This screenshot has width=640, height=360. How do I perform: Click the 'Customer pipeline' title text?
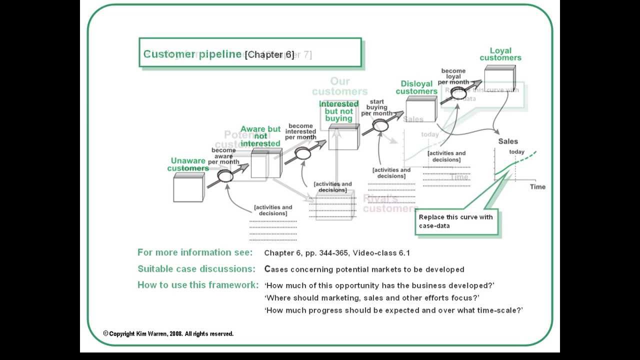(192, 54)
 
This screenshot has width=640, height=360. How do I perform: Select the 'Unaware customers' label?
(188, 164)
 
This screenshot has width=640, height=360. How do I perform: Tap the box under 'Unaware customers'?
(188, 188)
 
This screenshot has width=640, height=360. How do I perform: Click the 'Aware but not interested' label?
(260, 136)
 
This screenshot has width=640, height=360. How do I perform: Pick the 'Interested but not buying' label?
(339, 111)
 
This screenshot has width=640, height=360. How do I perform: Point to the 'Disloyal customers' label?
(416, 87)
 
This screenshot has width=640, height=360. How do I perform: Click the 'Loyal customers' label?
(500, 54)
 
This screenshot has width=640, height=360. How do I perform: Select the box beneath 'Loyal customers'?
(499, 79)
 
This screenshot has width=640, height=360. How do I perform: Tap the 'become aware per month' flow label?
(223, 156)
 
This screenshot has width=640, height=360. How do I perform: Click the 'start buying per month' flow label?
(377, 107)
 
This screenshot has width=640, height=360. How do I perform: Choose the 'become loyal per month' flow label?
(453, 76)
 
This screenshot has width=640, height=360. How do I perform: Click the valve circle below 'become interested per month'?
(303, 154)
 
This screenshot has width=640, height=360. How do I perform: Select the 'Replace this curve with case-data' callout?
(455, 221)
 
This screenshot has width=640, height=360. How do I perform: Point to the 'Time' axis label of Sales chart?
(537, 186)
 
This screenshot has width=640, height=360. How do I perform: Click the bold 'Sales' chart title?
(508, 141)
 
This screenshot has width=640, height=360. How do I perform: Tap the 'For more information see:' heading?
(195, 252)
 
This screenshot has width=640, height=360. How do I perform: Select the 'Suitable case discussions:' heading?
(196, 269)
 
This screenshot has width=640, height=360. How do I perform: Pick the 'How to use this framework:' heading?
(198, 285)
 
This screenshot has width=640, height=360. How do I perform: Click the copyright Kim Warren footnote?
(168, 333)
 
